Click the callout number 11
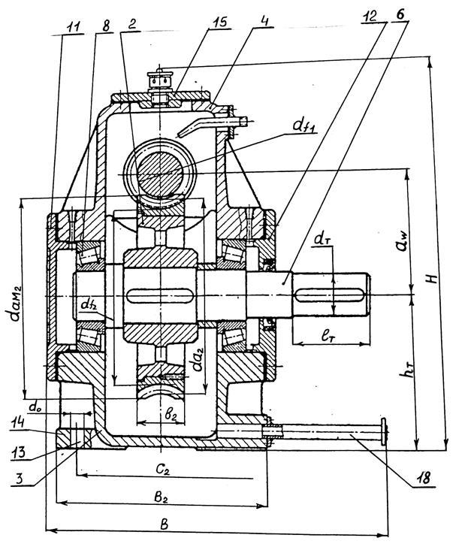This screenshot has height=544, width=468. pyautogui.click(x=73, y=27)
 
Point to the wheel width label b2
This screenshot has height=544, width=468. pyautogui.click(x=169, y=414)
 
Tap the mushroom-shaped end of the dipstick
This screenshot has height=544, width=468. pyautogui.click(x=384, y=431)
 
